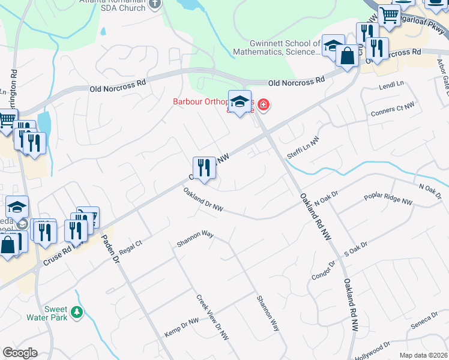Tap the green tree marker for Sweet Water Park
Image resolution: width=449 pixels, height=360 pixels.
(76, 312)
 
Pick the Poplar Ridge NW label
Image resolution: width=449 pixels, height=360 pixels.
(388, 200)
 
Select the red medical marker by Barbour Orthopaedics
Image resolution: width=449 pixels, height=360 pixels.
(263, 106)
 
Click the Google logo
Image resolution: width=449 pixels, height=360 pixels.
(20, 353)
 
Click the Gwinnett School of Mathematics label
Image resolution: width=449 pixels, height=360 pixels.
(285, 47)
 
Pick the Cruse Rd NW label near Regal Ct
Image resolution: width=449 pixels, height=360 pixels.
(58, 254)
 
